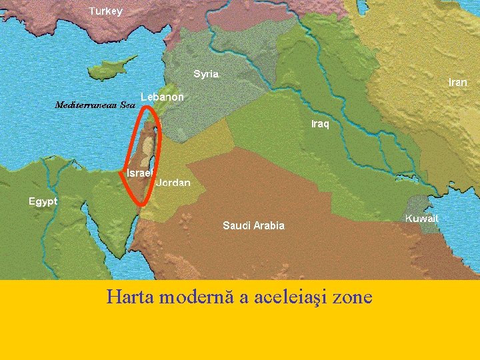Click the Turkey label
click(105, 11)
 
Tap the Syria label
click(206, 74)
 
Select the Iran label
click(457, 83)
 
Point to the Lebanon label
click(162, 97)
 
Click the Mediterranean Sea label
click(95, 105)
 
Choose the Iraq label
click(320, 124)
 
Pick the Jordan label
click(173, 183)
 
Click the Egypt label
click(43, 201)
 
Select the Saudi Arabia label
click(253, 225)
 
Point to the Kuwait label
click(422, 218)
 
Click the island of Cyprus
click(113, 67)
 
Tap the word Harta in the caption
click(129, 297)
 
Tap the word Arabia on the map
click(268, 225)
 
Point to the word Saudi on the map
click(235, 225)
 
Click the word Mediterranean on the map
click(85, 105)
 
